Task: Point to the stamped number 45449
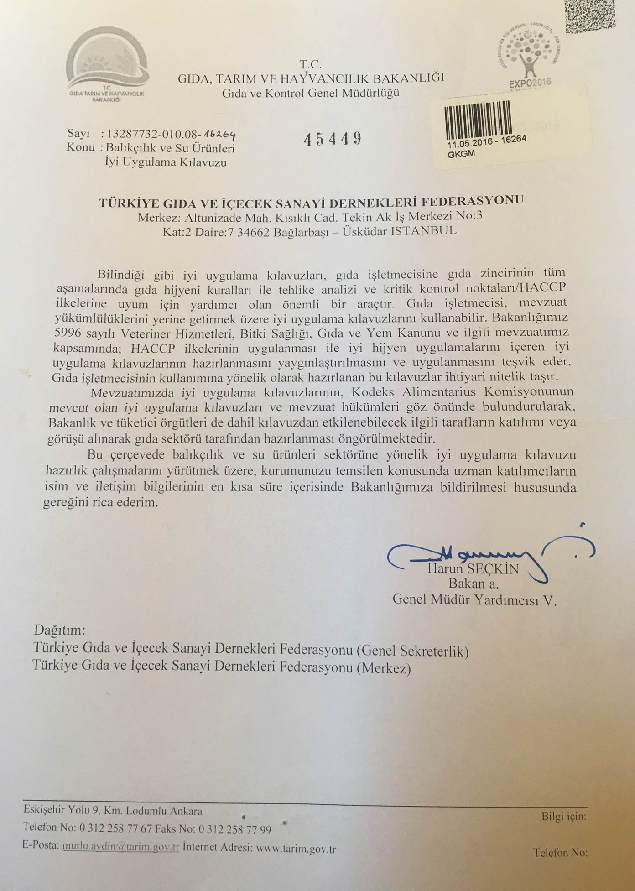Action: click(333, 138)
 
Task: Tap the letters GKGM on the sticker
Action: click(462, 154)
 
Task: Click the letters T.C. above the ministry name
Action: click(310, 64)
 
